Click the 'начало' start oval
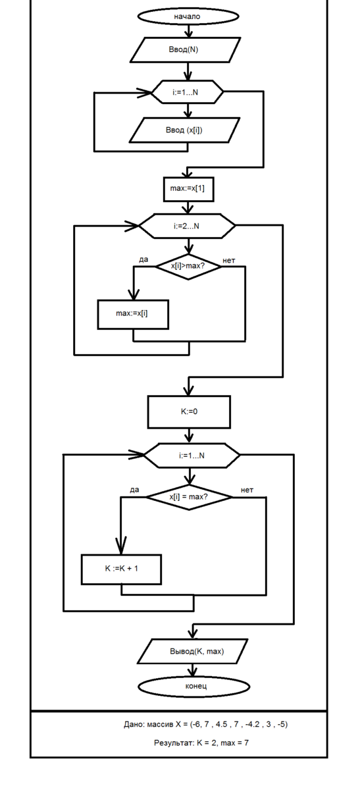[x=188, y=16]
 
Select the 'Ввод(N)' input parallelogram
[x=186, y=50]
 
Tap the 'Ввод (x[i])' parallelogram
[x=184, y=130]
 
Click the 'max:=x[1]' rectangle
[x=189, y=189]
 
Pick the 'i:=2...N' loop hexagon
[x=187, y=226]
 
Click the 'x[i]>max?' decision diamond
[x=189, y=267]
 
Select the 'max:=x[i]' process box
[x=133, y=315]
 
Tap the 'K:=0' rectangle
[x=189, y=412]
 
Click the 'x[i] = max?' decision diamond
[x=190, y=497]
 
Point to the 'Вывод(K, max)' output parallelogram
[x=193, y=651]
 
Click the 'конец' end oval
[x=193, y=686]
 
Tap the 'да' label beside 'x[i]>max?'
[x=143, y=259]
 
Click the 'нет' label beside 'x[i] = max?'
[x=247, y=490]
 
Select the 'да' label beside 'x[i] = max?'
[x=134, y=490]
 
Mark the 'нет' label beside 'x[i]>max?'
[x=228, y=261]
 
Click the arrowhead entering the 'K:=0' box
[x=189, y=391]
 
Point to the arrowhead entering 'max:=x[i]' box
[x=134, y=295]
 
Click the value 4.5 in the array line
[x=221, y=724]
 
